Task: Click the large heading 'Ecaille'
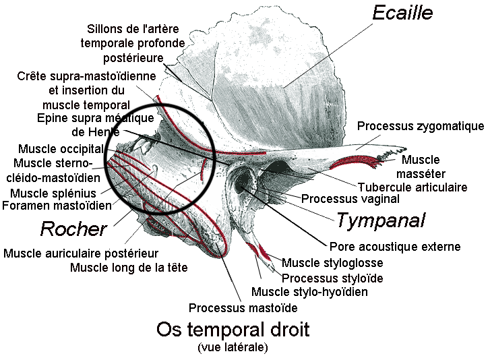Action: pos(402,12)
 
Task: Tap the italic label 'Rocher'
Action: pos(73,229)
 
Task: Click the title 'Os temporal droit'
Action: pos(233,330)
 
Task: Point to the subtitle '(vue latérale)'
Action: pos(233,347)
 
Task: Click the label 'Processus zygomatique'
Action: pos(421,126)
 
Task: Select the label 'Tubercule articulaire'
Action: pos(412,187)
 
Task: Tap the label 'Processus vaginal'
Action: pos(350,199)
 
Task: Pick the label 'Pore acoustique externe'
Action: pos(395,247)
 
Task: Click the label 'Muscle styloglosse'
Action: pos(332,263)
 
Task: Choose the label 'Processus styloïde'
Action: pos(332,278)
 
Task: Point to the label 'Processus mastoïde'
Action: pos(243,307)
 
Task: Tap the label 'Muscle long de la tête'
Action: pos(129,268)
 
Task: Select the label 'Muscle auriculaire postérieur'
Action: pos(81,253)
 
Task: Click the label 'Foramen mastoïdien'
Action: pos(57,205)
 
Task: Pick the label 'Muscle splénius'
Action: pos(53,193)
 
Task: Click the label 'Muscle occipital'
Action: pos(61,149)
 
